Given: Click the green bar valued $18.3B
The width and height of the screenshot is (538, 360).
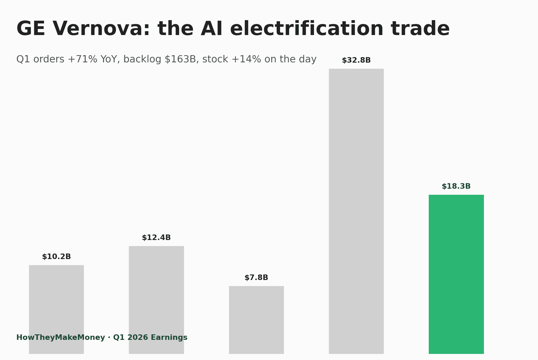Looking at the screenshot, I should [456, 274].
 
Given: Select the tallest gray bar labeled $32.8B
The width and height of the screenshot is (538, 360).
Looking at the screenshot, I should [356, 211].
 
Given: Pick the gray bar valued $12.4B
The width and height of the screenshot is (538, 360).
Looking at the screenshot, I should [156, 290].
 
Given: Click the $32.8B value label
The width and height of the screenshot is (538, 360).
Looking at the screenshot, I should [356, 60].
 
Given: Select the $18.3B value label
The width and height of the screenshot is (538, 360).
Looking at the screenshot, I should [456, 186].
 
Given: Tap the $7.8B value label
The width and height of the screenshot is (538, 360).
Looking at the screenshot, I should [256, 278].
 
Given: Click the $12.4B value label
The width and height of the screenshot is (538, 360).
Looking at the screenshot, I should [156, 238].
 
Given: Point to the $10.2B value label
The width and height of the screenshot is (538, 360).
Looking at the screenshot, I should [56, 257].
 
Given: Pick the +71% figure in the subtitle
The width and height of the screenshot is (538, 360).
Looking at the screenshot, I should [82, 59].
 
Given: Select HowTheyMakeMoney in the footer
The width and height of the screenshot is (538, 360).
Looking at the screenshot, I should [60, 338].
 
